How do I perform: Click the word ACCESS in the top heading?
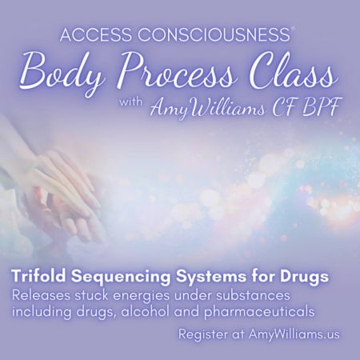(x=96, y=34)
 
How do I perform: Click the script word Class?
(x=290, y=72)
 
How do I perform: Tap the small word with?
(x=131, y=102)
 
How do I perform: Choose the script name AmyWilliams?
(x=208, y=110)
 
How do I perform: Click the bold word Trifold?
(x=39, y=277)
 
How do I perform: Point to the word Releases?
(x=42, y=295)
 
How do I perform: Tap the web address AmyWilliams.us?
(x=294, y=334)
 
